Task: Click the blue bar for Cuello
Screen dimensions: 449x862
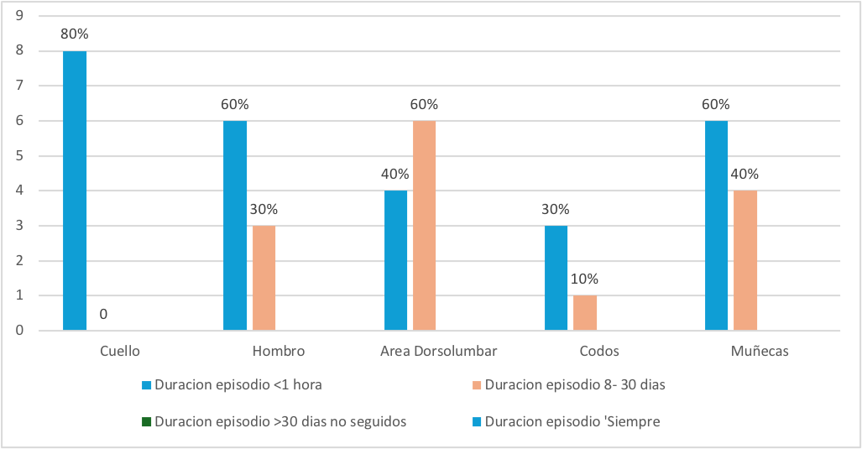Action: [75, 191]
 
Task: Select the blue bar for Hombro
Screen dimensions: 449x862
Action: [235, 226]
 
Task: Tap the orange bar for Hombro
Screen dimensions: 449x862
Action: [264, 278]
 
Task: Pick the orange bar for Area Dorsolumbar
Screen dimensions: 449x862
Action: [424, 226]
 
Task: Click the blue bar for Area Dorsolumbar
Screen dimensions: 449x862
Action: [395, 260]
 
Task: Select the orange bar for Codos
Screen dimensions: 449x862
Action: [584, 313]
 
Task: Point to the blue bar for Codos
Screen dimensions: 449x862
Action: [556, 278]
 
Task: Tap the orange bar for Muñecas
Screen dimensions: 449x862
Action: [744, 260]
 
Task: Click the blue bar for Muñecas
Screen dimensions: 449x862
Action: [716, 226]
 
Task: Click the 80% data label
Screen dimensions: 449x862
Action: [75, 34]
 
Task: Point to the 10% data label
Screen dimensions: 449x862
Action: [585, 279]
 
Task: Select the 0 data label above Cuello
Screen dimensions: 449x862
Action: [102, 314]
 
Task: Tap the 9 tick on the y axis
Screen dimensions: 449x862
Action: [18, 16]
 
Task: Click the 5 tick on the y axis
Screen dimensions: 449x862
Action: [18, 156]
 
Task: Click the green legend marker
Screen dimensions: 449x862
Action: [146, 421]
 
